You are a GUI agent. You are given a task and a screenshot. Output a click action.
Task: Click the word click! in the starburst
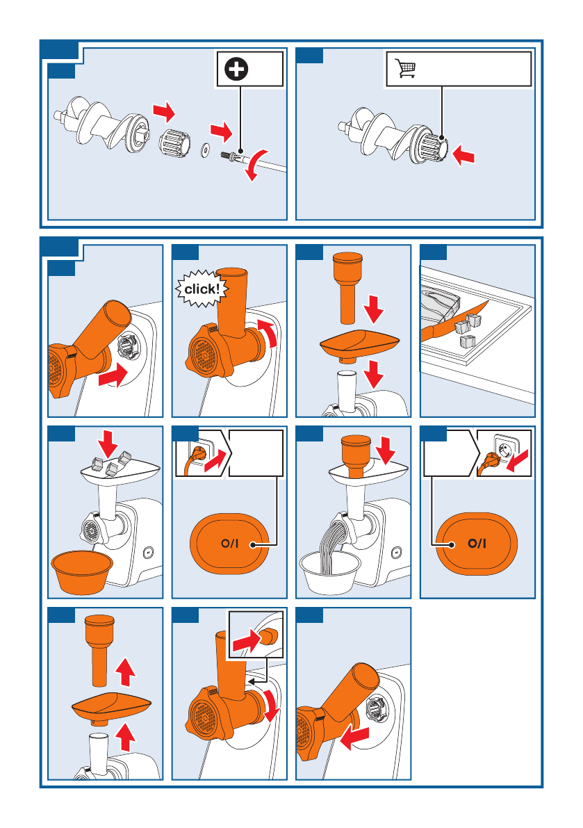click(x=202, y=289)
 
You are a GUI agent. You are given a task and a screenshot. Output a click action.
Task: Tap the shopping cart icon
click(x=405, y=68)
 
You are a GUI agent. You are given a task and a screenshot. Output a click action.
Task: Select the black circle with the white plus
click(x=236, y=69)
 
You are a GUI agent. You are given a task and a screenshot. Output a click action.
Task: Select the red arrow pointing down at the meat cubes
click(x=108, y=444)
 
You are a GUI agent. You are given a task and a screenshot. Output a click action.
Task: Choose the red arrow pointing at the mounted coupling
click(x=463, y=155)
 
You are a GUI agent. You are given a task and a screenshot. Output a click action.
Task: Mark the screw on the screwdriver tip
click(x=228, y=155)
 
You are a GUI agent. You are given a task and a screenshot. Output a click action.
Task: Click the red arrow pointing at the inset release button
click(x=245, y=642)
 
